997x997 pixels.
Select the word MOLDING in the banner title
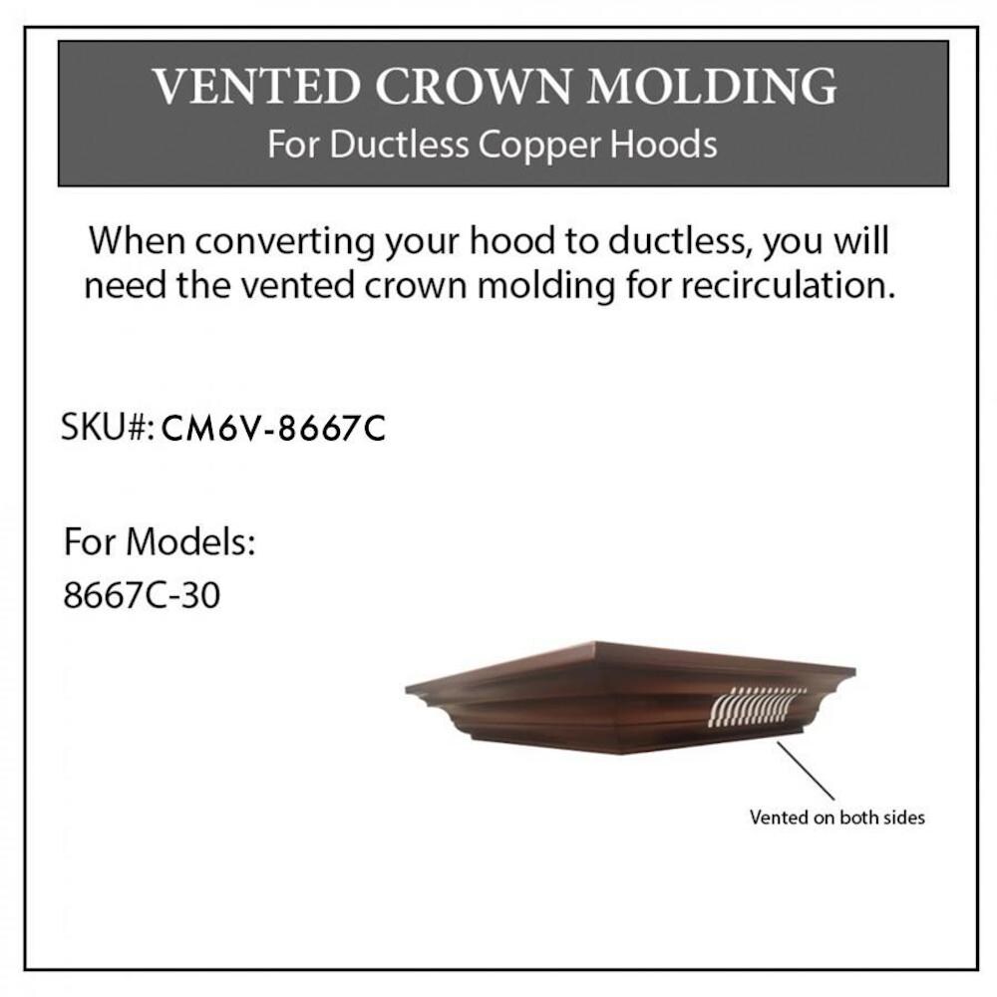coord(712,87)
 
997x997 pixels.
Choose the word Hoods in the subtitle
coord(664,145)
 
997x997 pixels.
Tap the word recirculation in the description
coord(788,284)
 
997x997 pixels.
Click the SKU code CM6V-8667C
coord(273,428)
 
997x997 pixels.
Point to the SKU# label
coord(108,427)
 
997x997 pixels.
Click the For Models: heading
coord(160,542)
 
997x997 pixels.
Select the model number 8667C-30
coord(142,596)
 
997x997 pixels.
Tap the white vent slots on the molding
coord(757,705)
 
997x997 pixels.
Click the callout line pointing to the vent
coord(805,770)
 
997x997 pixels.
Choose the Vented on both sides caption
coord(836,818)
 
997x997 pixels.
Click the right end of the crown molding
coord(854,670)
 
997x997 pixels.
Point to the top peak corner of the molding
coord(595,642)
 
